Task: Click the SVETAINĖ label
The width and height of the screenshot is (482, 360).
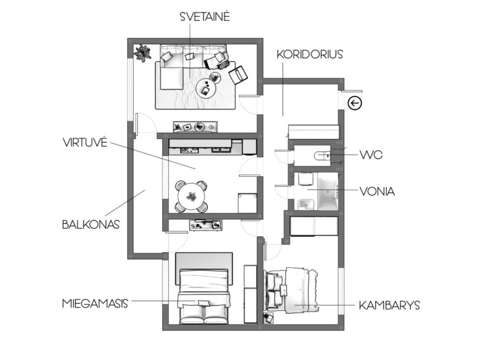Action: click(205, 16)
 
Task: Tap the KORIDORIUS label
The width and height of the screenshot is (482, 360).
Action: click(310, 54)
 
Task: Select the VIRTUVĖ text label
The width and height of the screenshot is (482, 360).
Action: click(85, 142)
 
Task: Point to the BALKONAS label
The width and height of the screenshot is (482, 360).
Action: click(91, 224)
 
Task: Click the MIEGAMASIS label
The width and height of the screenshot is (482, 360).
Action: click(95, 304)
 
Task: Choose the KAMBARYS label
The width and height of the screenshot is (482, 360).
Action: click(390, 306)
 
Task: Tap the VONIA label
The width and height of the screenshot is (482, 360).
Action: click(377, 191)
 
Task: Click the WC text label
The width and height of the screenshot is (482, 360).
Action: click(371, 155)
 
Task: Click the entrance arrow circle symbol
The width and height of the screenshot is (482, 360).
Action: click(355, 103)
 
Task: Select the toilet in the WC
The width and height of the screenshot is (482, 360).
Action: click(322, 155)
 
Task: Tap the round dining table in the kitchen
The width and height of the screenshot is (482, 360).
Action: click(191, 196)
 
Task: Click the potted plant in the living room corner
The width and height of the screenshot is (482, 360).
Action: click(142, 53)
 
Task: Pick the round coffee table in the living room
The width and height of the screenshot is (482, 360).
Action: click(206, 89)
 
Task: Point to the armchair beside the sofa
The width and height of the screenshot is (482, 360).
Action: click(238, 75)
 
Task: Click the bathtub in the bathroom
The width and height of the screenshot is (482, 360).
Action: click(328, 191)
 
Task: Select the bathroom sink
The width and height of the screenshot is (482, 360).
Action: click(306, 204)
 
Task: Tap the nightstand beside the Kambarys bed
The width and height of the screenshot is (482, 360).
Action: click(268, 318)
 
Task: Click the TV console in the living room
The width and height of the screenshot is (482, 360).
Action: click(195, 127)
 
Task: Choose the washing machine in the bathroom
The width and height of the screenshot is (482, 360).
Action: click(304, 179)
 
